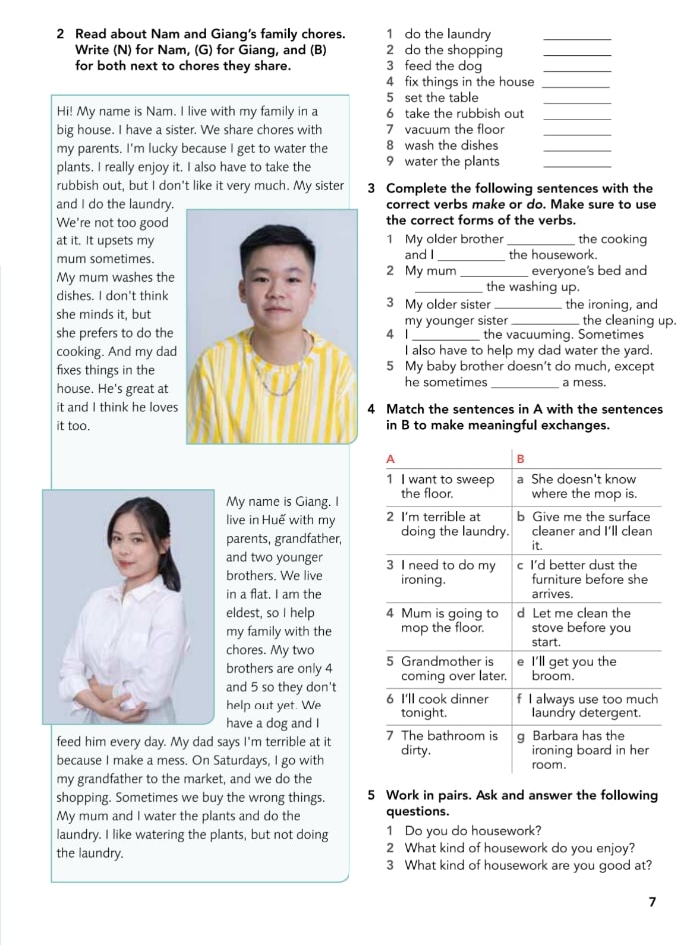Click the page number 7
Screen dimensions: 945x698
[x=652, y=902]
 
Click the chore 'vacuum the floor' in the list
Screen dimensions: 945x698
[x=454, y=129]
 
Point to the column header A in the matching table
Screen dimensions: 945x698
[x=391, y=458]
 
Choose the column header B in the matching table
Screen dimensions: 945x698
[x=520, y=458]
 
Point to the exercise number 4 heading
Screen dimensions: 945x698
[x=372, y=409]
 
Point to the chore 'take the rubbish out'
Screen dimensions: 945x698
[x=464, y=113]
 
